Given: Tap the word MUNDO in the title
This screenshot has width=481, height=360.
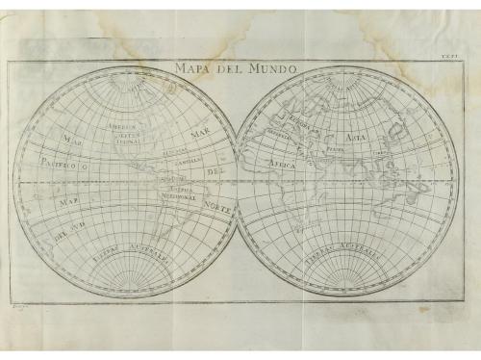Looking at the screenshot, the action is point(265,69).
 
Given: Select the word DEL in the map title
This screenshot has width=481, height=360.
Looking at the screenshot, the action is point(226,69).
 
